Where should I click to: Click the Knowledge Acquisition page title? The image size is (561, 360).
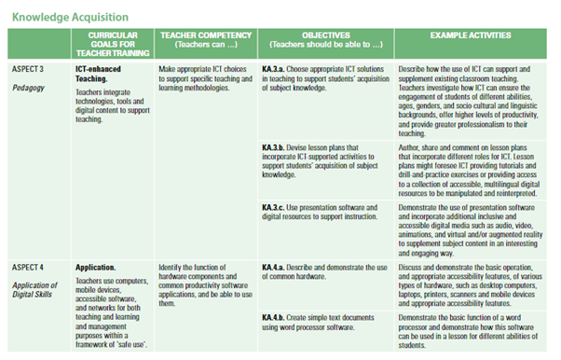tap(65, 17)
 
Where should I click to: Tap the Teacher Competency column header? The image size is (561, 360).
tap(201, 40)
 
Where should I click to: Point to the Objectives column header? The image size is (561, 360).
tap(323, 40)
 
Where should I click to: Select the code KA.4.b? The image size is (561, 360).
tap(275, 317)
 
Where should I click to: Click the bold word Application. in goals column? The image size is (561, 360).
tap(98, 242)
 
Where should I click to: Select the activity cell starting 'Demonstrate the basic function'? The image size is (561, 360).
tap(473, 331)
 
